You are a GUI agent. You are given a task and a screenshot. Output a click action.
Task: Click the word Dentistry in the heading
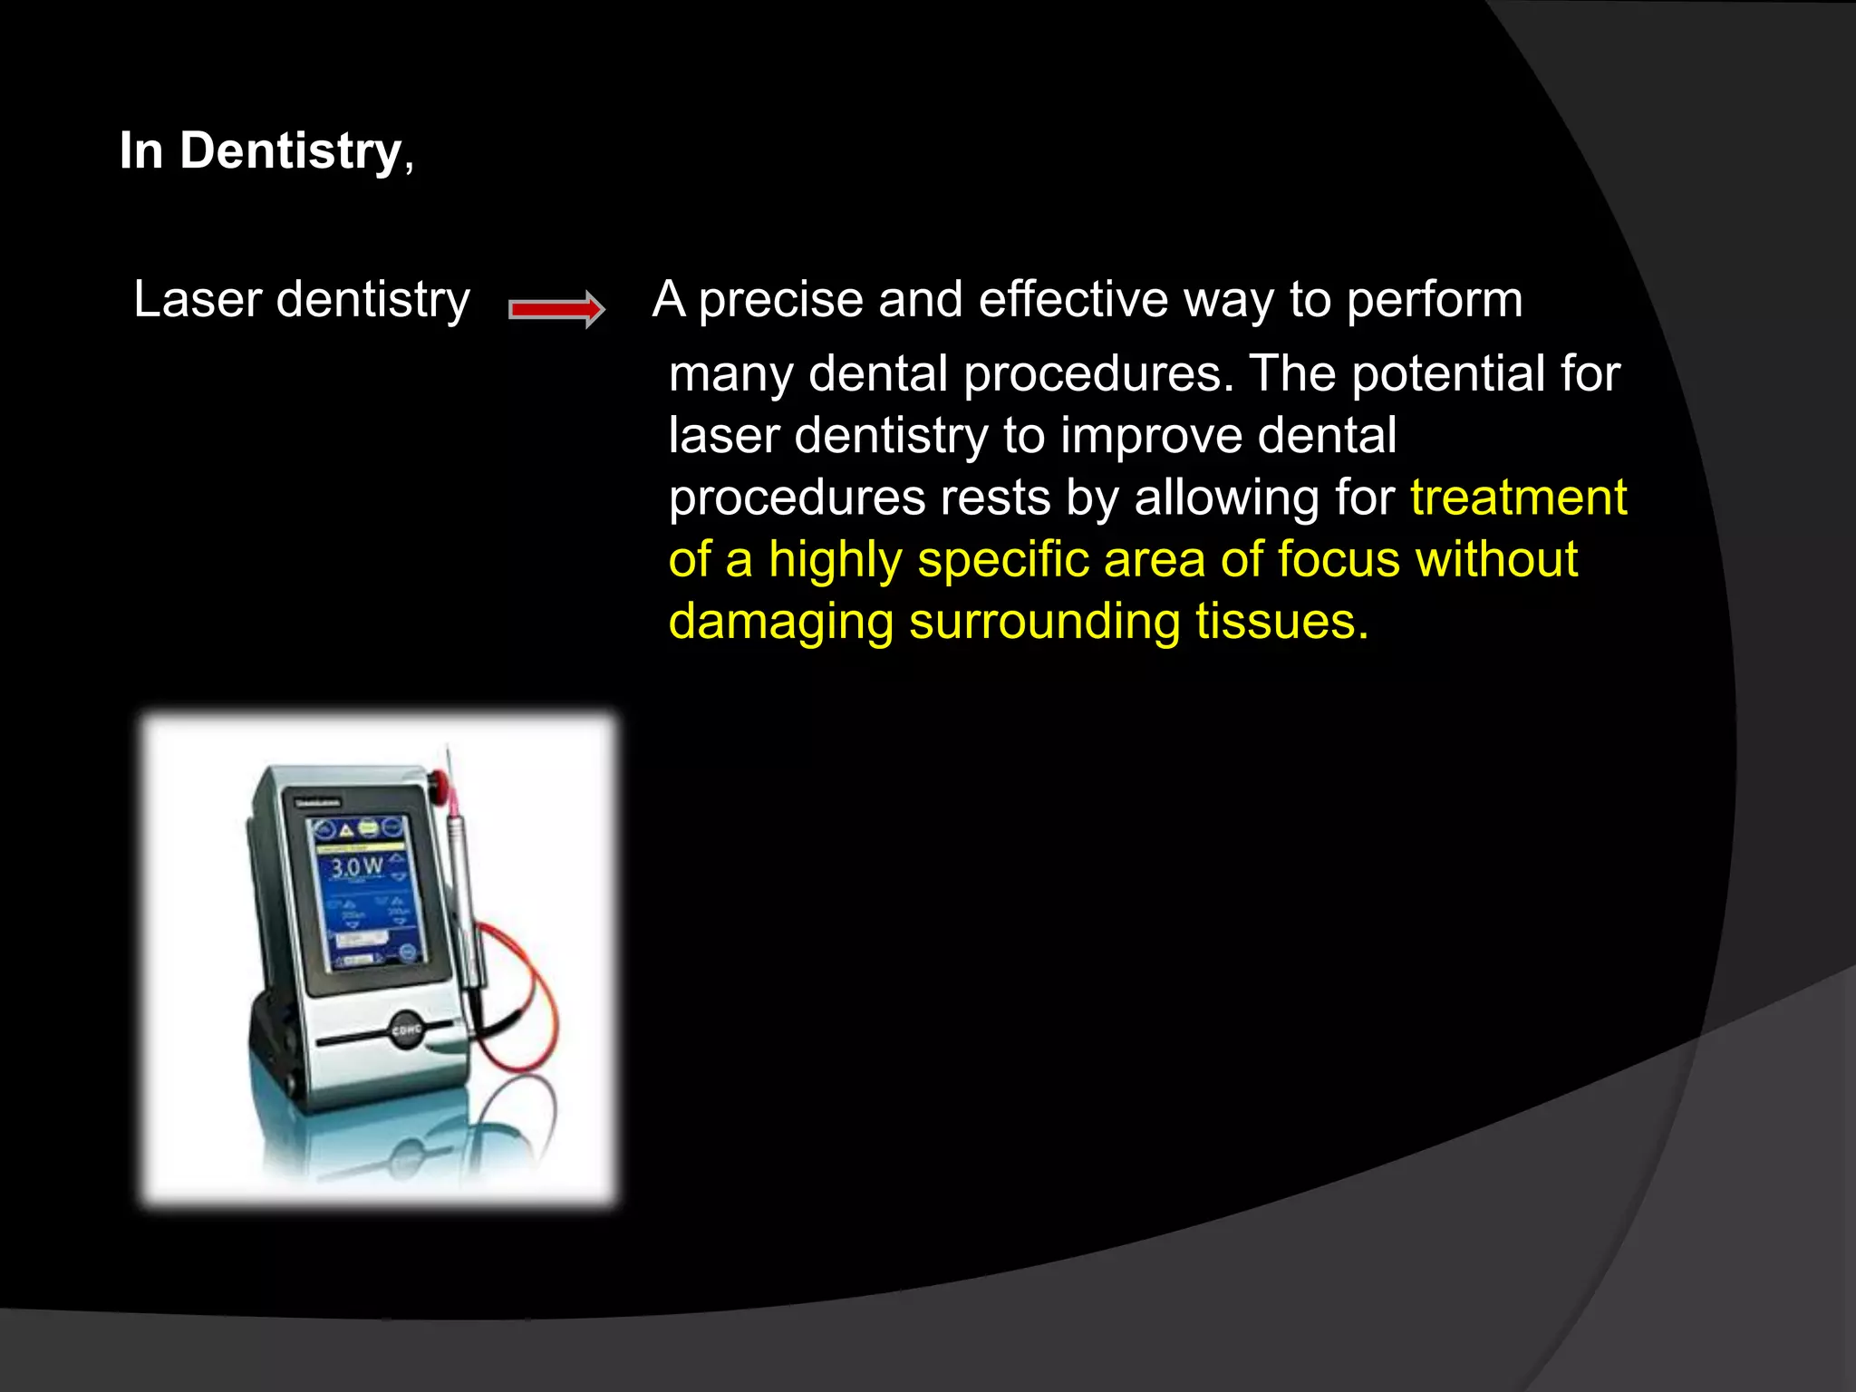coord(290,150)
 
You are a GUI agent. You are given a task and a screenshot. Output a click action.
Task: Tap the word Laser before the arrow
coord(198,299)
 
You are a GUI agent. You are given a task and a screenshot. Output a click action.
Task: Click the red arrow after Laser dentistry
coord(556,310)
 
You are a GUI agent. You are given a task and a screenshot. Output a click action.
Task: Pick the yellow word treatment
coord(1518,498)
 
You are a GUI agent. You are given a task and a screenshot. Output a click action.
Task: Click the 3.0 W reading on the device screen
coord(356,867)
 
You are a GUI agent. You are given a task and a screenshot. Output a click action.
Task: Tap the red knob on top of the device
coord(440,779)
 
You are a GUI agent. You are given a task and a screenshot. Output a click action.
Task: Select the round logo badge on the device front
coord(406,1030)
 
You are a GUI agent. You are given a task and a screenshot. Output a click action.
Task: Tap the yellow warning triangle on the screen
coord(347,829)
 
